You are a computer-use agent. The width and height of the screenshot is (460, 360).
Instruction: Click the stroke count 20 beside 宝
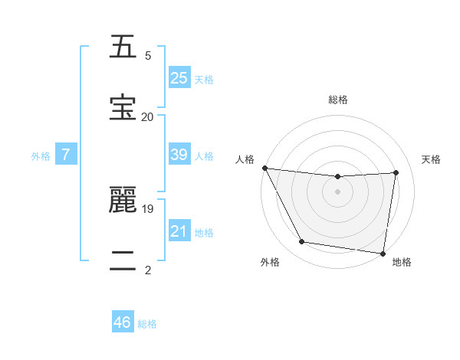pos(147,116)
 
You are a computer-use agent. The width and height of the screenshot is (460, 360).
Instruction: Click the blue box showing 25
pos(179,78)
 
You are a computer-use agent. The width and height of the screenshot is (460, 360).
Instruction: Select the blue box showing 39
pos(179,155)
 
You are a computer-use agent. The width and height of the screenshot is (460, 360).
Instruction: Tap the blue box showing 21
pos(179,231)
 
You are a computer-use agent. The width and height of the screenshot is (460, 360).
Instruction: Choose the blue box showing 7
pos(66,155)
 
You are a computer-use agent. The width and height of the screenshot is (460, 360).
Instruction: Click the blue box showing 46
pos(123,322)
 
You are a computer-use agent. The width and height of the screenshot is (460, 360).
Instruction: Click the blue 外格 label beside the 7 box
pos(41,155)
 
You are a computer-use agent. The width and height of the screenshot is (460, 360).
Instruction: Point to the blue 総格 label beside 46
pos(147,323)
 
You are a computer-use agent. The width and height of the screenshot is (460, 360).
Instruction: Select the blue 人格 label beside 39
pos(204,155)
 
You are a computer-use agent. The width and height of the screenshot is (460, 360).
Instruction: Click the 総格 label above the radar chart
pos(338,100)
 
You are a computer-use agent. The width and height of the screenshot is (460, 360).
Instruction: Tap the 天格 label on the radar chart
pos(432,159)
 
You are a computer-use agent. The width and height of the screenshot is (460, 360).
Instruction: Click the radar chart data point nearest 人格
pos(264,168)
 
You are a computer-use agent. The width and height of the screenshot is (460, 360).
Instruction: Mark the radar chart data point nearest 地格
pos(383,253)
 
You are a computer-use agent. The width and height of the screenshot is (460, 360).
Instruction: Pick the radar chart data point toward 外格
pos(301,243)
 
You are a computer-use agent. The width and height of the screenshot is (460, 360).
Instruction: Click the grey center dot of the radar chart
pos(338,191)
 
